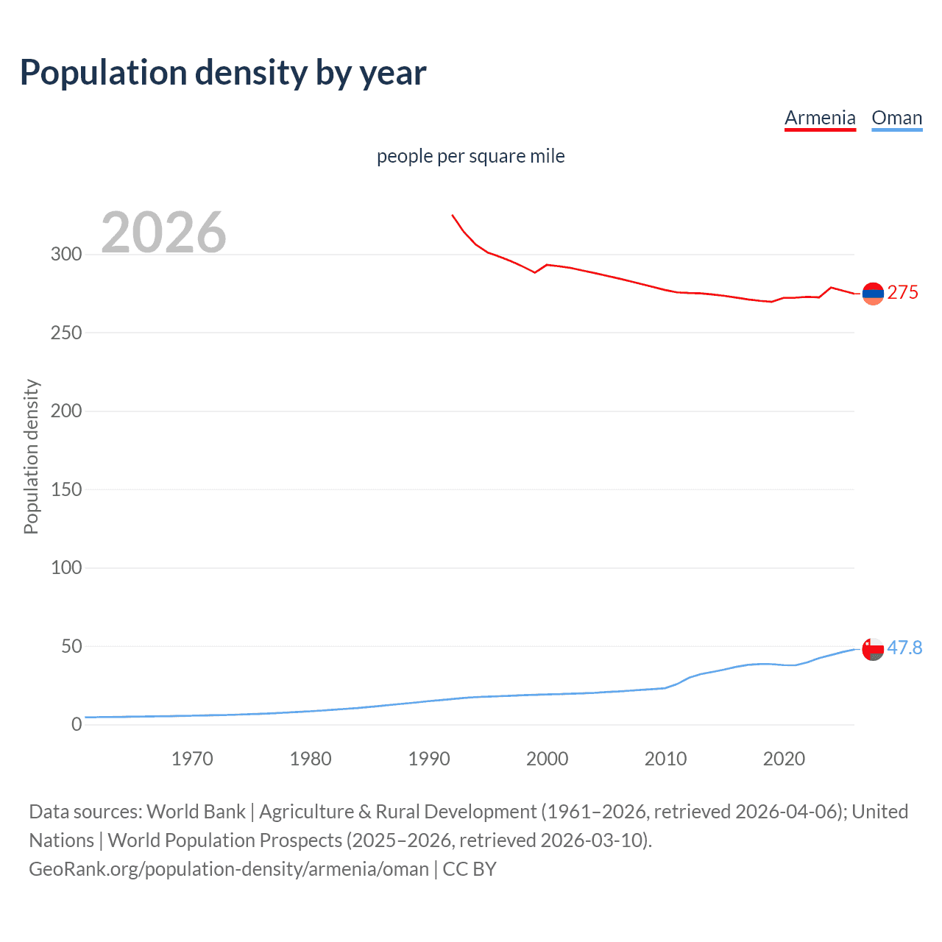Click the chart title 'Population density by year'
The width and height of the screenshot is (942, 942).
(x=223, y=73)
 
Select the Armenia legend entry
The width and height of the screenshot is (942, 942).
(x=820, y=118)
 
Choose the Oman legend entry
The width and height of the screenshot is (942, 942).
(x=896, y=118)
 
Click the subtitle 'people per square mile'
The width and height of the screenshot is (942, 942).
(x=470, y=156)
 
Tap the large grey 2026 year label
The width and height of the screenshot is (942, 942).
(x=163, y=233)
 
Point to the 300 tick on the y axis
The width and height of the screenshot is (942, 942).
(x=66, y=255)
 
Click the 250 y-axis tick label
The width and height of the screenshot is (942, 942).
(x=66, y=333)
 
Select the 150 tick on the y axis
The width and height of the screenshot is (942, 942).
(x=66, y=489)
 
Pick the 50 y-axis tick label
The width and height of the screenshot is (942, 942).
(x=71, y=646)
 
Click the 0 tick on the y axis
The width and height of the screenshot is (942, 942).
(x=77, y=725)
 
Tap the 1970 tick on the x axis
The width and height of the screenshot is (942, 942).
(x=192, y=759)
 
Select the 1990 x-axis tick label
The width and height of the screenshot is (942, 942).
(x=429, y=759)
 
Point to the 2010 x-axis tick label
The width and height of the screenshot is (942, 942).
(x=665, y=759)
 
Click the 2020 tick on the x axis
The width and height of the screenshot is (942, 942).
(x=784, y=759)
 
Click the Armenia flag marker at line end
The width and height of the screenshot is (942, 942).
(x=873, y=294)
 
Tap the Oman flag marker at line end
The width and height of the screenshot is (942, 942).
(x=873, y=649)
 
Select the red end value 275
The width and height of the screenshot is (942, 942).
(x=902, y=293)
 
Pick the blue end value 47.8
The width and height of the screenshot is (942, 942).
(x=904, y=648)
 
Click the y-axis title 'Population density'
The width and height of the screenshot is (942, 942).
(x=31, y=456)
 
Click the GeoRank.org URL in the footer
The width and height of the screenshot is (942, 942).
(x=229, y=869)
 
